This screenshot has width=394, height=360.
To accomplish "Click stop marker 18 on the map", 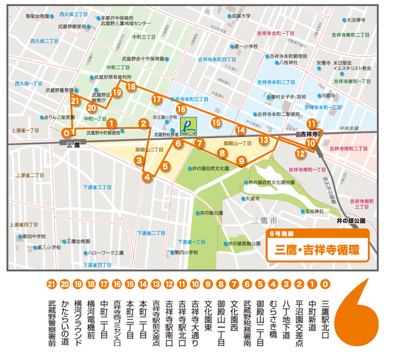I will [131, 87].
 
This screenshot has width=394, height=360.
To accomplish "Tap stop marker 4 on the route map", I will [147, 177].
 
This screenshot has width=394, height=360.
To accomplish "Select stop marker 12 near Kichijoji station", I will [300, 153].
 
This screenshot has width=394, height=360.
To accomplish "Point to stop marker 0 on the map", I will [67, 134].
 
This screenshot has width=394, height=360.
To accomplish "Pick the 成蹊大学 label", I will [241, 16].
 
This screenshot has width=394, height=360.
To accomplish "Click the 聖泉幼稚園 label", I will [39, 16].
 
